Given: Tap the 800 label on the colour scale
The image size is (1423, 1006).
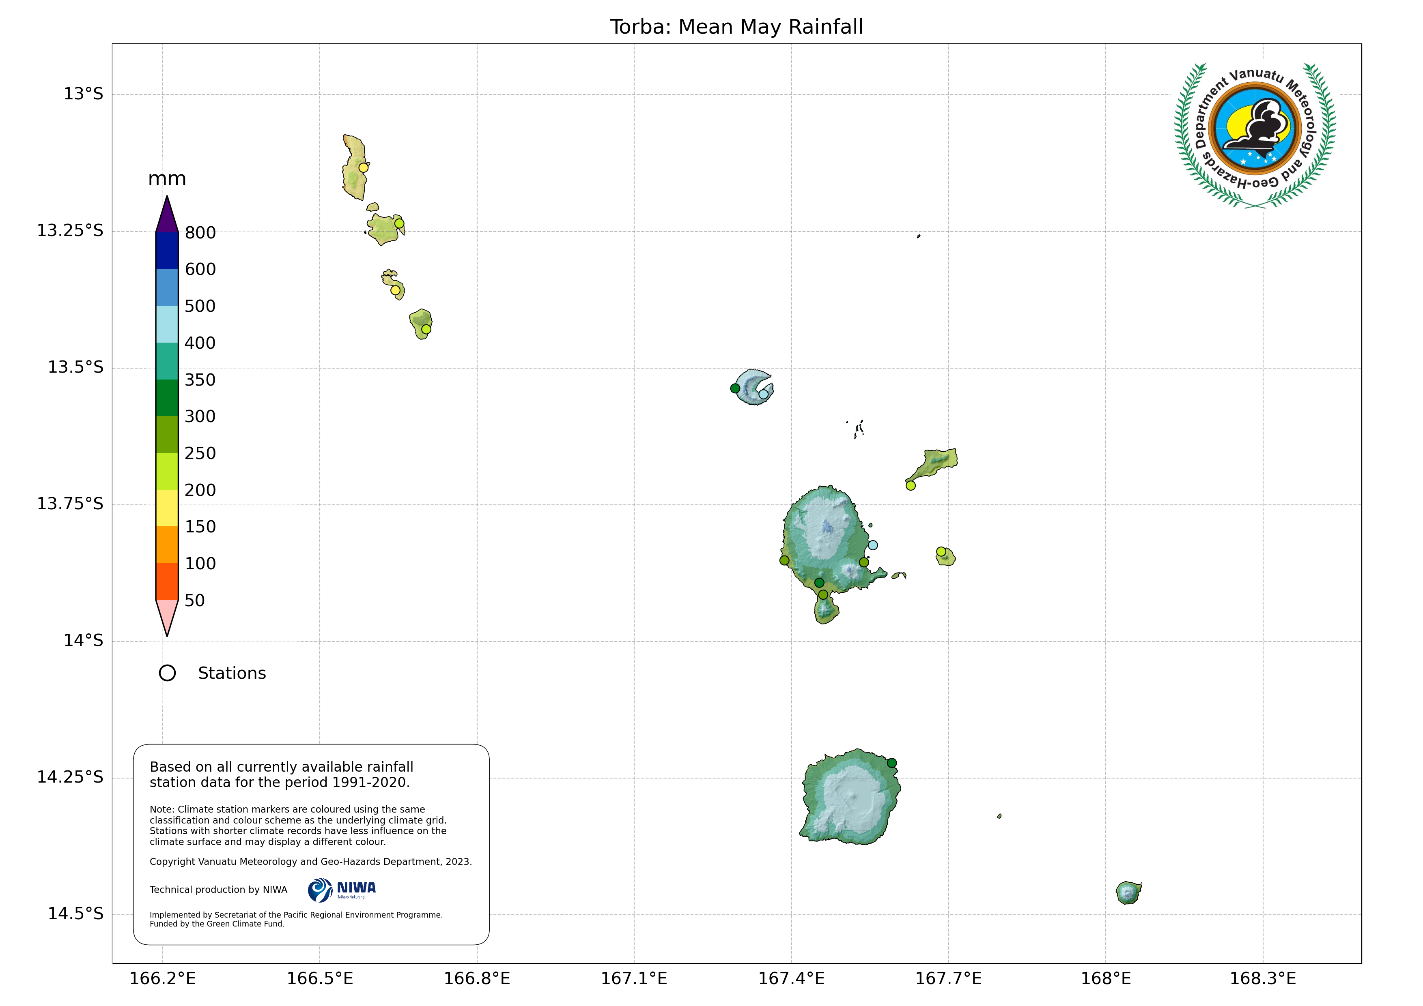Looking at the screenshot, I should click(200, 233).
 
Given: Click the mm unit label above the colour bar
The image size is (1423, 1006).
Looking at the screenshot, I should click(167, 179).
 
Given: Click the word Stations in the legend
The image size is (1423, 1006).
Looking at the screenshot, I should click(232, 674).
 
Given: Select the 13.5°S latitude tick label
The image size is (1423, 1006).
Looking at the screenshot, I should click(75, 367).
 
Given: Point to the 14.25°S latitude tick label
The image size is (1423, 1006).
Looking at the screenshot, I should click(70, 777).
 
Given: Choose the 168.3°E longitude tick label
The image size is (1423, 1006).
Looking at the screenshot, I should click(1262, 979).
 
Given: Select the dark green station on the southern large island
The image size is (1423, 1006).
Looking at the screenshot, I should click(891, 763).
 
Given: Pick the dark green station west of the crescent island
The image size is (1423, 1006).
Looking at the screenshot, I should click(735, 388).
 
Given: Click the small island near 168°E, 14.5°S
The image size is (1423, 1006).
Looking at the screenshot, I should click(1128, 892).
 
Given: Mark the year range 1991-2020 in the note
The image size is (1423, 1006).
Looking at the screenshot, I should click(370, 782).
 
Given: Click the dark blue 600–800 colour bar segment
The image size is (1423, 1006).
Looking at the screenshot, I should click(167, 250).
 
